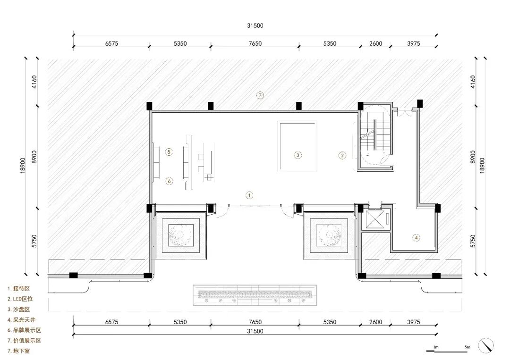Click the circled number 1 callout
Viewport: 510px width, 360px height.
(249, 195)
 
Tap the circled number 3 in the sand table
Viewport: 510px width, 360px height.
(297, 155)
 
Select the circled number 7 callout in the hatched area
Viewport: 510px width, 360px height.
(260, 95)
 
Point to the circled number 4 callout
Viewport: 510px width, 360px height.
(416, 237)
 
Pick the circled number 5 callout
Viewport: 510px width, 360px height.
(169, 152)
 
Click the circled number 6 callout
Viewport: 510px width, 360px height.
(169, 181)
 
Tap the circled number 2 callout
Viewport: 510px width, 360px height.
(342, 155)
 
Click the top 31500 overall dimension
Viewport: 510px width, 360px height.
(255, 25)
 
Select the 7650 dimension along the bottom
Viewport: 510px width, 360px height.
(255, 322)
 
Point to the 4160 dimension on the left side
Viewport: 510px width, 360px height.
(34, 82)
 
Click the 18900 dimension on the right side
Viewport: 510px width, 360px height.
(482, 166)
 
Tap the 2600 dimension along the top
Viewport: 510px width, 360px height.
(376, 43)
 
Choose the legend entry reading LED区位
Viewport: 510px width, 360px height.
(20, 299)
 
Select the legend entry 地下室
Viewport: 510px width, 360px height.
(19, 351)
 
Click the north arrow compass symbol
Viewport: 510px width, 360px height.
(486, 345)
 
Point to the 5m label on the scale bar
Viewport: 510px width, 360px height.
(467, 347)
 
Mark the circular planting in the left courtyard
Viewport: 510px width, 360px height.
(181, 234)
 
